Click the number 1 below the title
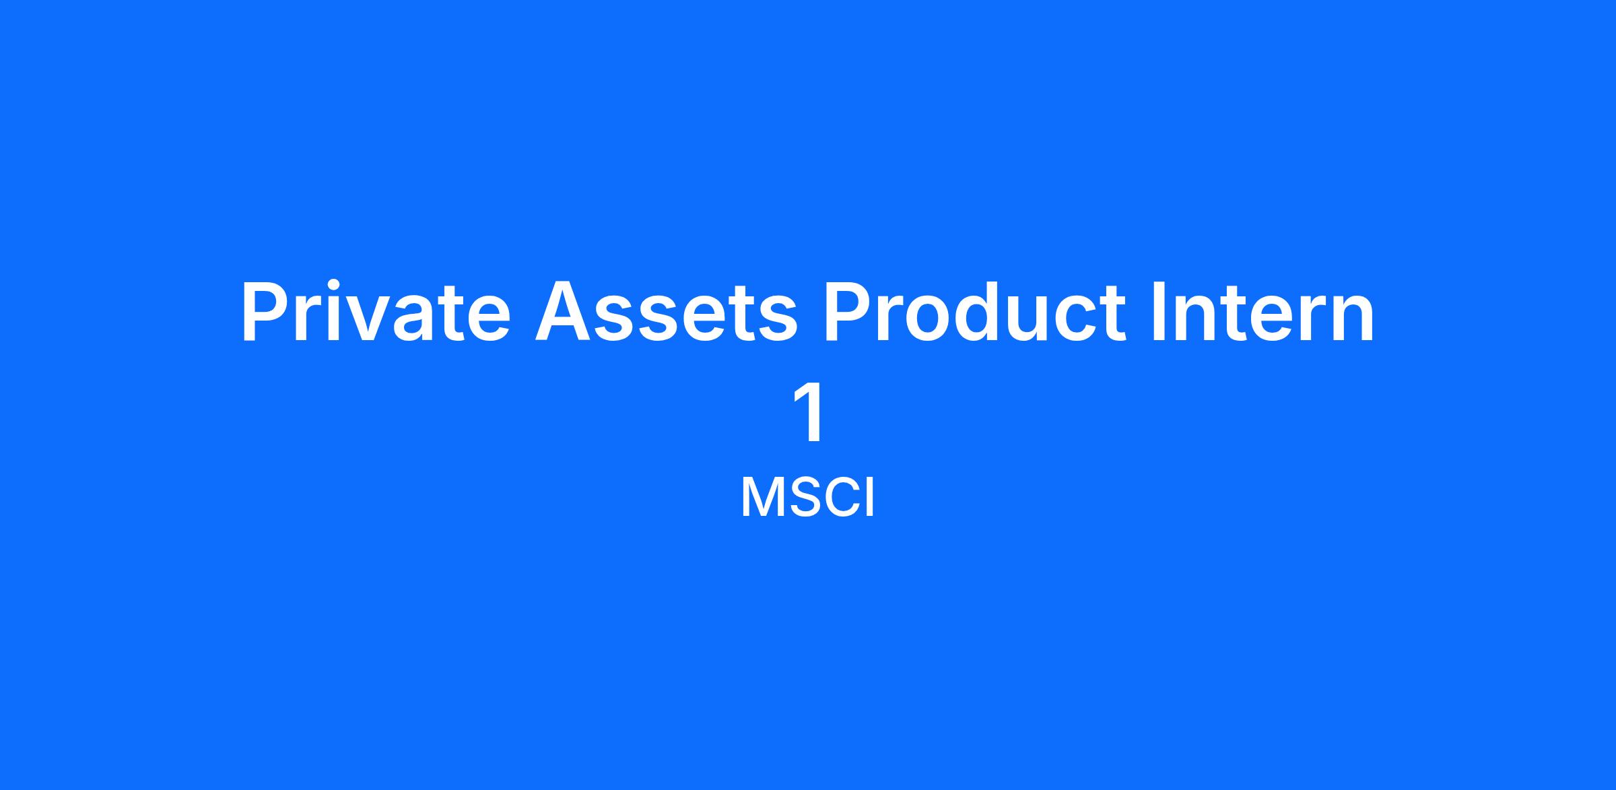[810, 412]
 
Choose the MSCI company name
[807, 498]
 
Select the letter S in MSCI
[799, 498]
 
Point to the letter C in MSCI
[838, 498]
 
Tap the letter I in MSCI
[869, 498]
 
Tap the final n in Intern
[1353, 321]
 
